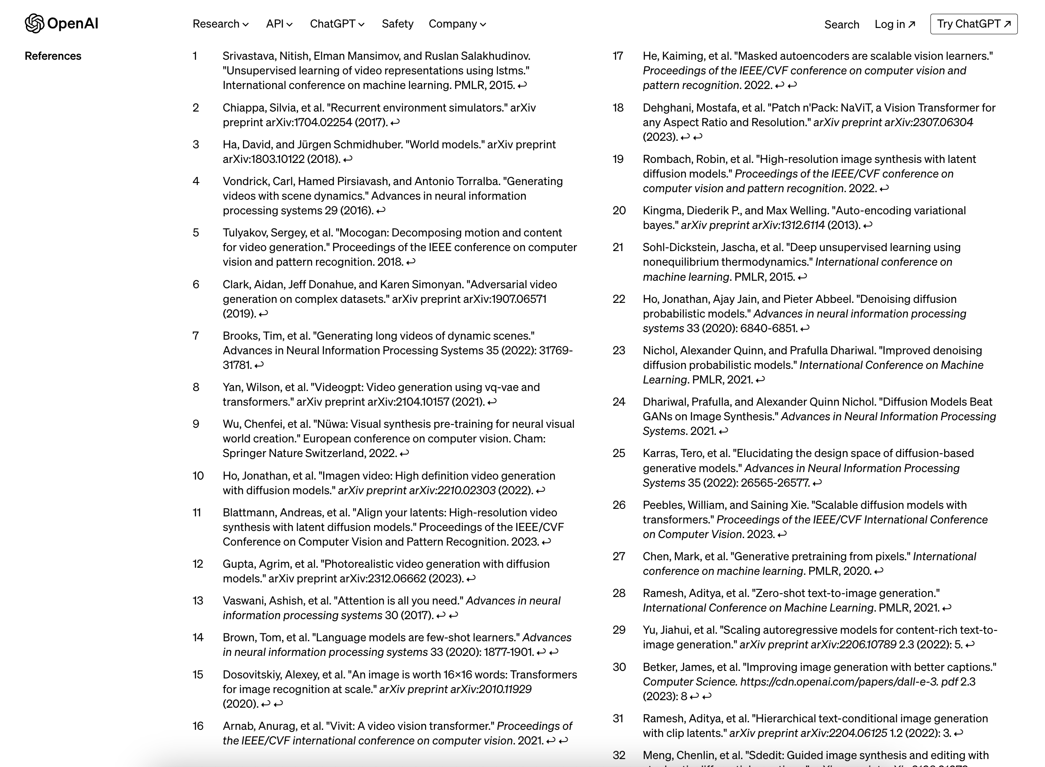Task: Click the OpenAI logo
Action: (61, 24)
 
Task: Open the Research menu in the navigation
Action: (221, 24)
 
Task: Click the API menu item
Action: (279, 24)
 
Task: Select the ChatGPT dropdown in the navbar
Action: (337, 24)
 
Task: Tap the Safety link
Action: (397, 24)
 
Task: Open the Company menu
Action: (457, 24)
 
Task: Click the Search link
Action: (841, 25)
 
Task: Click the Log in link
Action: (895, 24)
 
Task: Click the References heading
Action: (53, 56)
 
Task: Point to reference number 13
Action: (198, 601)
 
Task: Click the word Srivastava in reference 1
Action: (248, 56)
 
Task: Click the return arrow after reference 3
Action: (348, 159)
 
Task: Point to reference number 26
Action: (619, 505)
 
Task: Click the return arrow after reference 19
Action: (884, 188)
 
